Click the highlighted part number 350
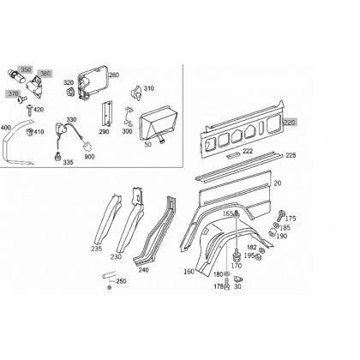tap(26, 69)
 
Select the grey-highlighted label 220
tap(291, 123)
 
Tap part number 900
tap(89, 157)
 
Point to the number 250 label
tap(121, 281)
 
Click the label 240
tap(143, 270)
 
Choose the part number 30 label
tap(237, 286)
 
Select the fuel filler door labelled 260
tap(93, 82)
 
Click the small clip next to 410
tap(29, 132)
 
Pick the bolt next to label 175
tap(280, 216)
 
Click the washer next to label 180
tap(226, 274)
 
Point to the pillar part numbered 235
tap(109, 219)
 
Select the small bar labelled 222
tap(234, 155)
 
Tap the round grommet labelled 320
tap(70, 92)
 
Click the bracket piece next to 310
tap(136, 92)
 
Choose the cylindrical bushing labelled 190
tap(274, 232)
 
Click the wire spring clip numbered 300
tap(129, 116)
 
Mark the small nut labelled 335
tap(58, 157)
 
